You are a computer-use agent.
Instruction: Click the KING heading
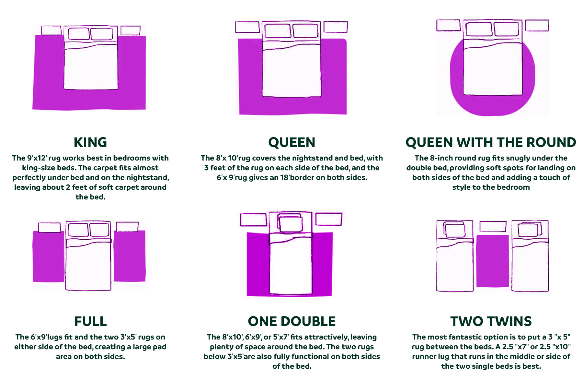pos(90,142)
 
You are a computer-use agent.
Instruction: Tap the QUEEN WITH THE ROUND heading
pos(491,142)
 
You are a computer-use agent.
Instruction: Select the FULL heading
pos(90,321)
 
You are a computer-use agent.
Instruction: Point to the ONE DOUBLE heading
pos(291,321)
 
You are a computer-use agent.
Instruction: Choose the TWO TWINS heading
pos(491,321)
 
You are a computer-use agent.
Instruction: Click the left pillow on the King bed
pos(79,34)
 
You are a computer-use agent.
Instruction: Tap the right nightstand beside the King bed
pos(131,30)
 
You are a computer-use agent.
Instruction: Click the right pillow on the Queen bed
pos(305,30)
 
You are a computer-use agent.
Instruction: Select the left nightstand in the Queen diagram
pos(247,27)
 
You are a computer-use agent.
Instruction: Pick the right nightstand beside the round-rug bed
pos(537,26)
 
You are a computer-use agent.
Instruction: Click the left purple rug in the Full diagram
pos(49,256)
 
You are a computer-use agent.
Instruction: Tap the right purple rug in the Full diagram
pos(130,256)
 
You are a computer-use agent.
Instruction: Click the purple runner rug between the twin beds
pos(492,261)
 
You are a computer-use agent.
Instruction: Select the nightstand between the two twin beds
pos(493,226)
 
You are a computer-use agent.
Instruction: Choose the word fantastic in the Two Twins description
pos(465,337)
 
